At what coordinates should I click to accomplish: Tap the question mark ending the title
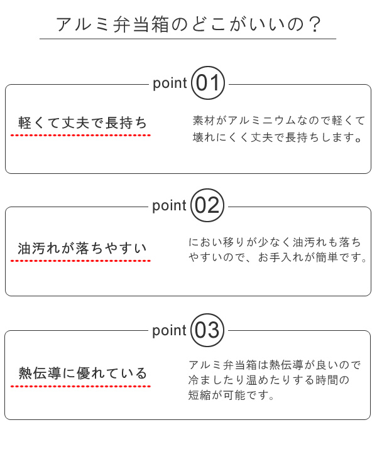[x=315, y=24]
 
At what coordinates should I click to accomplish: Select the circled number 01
[x=207, y=83]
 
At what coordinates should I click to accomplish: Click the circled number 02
[x=207, y=206]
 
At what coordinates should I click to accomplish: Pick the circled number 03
[x=207, y=330]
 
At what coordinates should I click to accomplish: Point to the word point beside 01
[x=170, y=83]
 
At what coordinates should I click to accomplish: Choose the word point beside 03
[x=170, y=331]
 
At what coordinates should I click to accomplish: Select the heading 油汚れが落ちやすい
[x=83, y=248]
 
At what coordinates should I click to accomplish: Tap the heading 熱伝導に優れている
[x=83, y=374]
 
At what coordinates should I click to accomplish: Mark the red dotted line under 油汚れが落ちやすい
[x=83, y=261]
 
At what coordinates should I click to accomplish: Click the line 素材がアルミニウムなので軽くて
[x=278, y=120]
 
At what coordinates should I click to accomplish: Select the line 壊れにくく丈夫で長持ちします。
[x=277, y=137]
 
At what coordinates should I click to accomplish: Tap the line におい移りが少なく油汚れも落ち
[x=275, y=242]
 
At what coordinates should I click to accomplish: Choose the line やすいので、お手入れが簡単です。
[x=277, y=258]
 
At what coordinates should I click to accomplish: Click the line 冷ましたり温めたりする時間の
[x=268, y=380]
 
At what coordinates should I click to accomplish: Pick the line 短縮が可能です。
[x=232, y=396]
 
